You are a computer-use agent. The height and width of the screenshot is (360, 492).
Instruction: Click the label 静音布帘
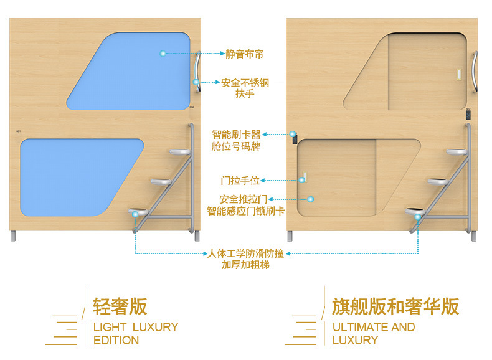pyautogui.click(x=244, y=54)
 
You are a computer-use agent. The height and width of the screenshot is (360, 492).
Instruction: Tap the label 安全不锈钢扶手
pyautogui.click(x=245, y=88)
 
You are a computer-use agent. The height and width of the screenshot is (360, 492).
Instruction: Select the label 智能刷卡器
pyautogui.click(x=236, y=135)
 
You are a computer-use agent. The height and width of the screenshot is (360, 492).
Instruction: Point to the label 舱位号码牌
pyautogui.click(x=236, y=147)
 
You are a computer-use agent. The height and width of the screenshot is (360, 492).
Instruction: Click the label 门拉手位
pyautogui.click(x=240, y=181)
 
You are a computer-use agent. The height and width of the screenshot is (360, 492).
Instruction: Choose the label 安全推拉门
pyautogui.click(x=244, y=199)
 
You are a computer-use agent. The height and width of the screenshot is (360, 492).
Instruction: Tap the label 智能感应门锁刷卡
pyautogui.click(x=245, y=211)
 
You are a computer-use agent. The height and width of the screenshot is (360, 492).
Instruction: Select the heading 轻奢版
pyautogui.click(x=120, y=306)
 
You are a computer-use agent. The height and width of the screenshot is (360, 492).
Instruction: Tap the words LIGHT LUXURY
pyautogui.click(x=136, y=327)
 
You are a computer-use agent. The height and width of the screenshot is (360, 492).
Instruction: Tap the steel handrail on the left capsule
pyautogui.click(x=198, y=73)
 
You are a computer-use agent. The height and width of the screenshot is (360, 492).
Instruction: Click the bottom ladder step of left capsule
pyautogui.click(x=140, y=213)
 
